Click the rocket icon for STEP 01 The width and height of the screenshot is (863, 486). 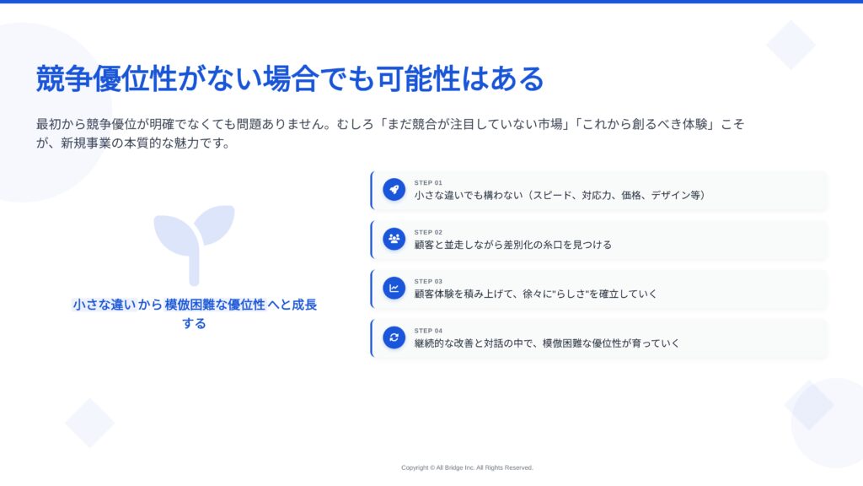pos(394,190)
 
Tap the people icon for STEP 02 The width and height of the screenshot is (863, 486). pos(394,239)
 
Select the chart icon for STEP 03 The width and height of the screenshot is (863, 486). pos(394,289)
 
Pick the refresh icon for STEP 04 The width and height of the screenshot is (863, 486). pos(394,337)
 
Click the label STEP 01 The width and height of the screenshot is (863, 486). pos(428,183)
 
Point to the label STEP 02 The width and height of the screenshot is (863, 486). pos(428,233)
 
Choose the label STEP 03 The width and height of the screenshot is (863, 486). pos(428,282)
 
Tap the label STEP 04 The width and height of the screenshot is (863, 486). pos(428,331)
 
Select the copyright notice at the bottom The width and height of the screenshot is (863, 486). pos(467,467)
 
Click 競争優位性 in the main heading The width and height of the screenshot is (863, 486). pos(106,78)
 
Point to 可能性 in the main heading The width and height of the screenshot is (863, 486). pos(418,78)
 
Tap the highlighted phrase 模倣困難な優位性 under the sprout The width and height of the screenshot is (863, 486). pos(215,305)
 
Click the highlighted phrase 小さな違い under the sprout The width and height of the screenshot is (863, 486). pos(104,305)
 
